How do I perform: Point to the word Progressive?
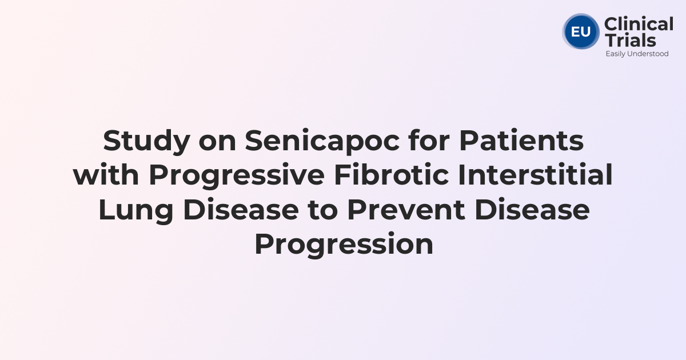click(x=236, y=176)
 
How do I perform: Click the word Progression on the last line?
click(x=343, y=245)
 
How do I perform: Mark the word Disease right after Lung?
click(x=241, y=210)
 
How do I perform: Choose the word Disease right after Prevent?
click(x=533, y=210)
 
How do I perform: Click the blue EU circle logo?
click(x=581, y=31)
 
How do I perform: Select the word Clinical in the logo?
click(x=639, y=25)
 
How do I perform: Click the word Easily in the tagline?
click(x=616, y=54)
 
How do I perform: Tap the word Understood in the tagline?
click(x=649, y=54)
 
